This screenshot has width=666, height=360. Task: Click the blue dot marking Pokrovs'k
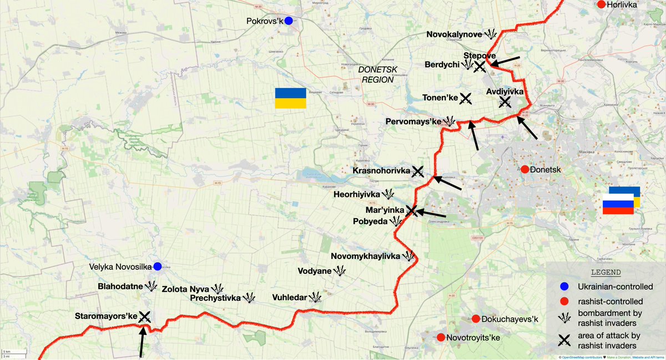[x=288, y=21]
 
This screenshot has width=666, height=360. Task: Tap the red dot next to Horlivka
[x=601, y=4]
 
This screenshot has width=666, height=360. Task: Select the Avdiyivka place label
[x=504, y=92]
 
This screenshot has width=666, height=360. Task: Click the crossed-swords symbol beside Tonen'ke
[x=466, y=98]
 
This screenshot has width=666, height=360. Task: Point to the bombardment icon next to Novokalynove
[x=490, y=34]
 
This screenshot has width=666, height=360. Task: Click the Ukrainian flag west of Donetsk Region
[x=290, y=98]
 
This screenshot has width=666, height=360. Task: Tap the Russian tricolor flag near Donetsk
[x=619, y=204]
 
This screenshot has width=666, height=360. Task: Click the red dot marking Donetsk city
[x=524, y=169]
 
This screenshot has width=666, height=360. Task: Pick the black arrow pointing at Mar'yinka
[x=431, y=212]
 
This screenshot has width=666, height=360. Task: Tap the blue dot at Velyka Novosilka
[x=158, y=267]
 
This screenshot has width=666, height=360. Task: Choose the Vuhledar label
[x=289, y=298]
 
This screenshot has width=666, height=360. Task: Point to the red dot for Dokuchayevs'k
[x=476, y=319]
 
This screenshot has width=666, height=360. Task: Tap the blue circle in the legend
[x=564, y=287]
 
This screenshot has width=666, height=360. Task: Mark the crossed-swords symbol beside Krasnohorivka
[x=418, y=171]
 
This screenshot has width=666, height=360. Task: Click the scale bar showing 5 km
[x=7, y=353]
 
